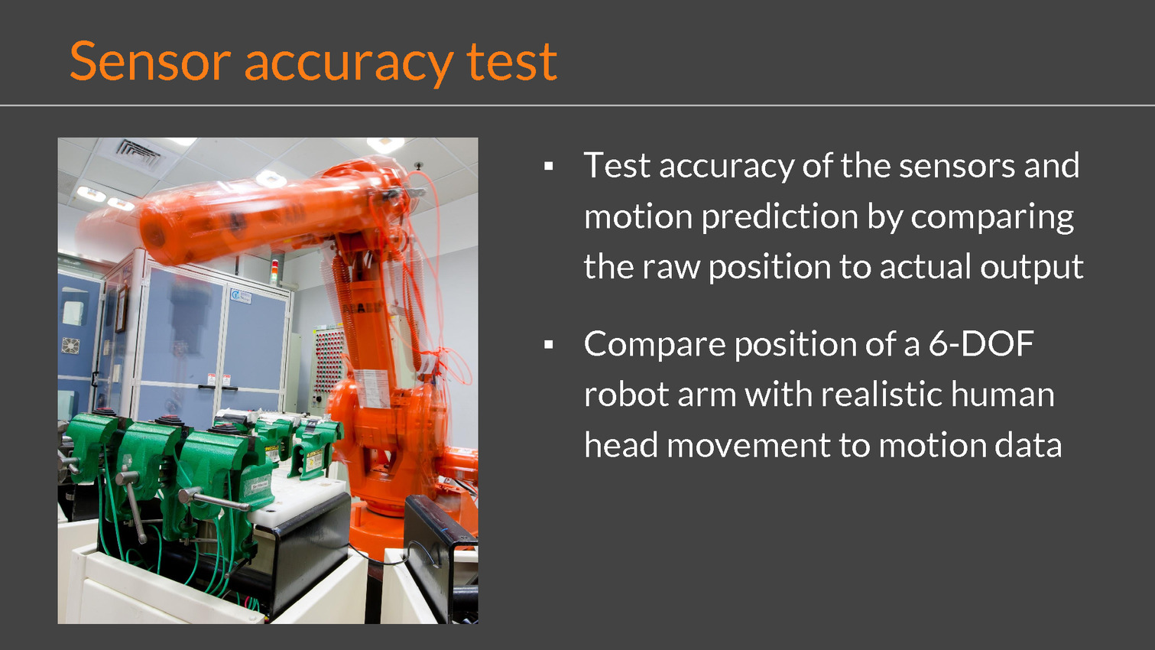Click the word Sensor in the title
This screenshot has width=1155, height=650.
[151, 61]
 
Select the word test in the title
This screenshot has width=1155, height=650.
[512, 63]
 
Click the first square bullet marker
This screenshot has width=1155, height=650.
[548, 166]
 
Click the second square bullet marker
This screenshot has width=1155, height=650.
[548, 345]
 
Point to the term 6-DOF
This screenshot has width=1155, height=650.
[981, 343]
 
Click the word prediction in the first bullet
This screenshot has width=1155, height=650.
[780, 217]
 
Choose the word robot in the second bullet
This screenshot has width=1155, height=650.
[627, 395]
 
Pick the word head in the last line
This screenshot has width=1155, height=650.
[621, 445]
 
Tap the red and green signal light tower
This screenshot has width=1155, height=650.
[275, 269]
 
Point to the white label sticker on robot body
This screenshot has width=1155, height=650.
[371, 388]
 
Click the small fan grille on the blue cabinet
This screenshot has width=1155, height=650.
[70, 346]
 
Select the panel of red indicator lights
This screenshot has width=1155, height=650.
[329, 361]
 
